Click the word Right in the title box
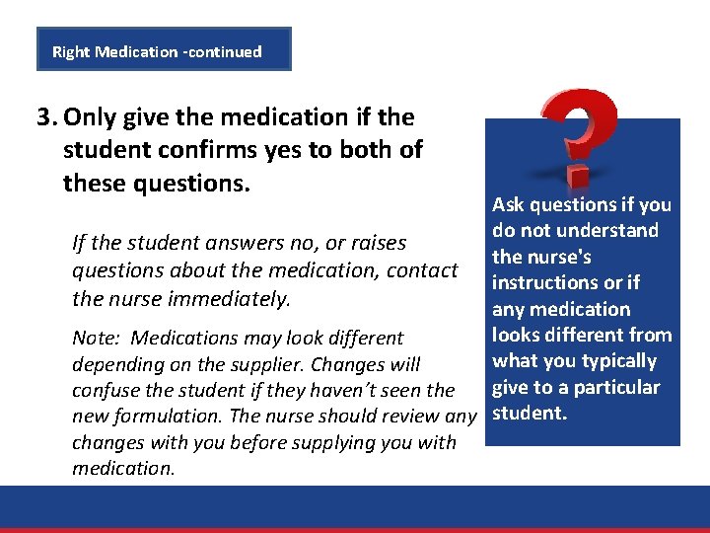coord(71,51)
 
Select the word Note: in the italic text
coord(96,339)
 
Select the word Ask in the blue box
coord(508,205)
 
